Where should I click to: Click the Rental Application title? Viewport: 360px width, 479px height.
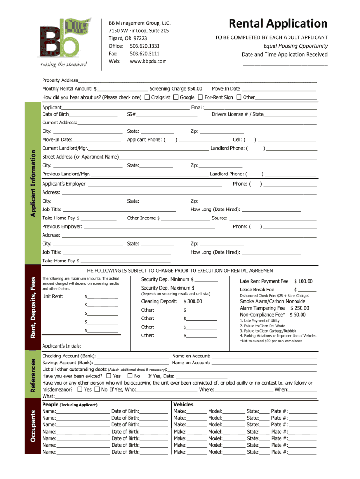click(x=278, y=23)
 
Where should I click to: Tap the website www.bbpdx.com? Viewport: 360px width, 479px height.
click(x=148, y=61)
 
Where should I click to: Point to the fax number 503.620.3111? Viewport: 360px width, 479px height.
click(x=144, y=54)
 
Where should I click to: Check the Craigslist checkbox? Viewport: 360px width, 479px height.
click(x=147, y=97)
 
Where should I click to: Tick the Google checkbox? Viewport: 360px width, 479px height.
click(x=176, y=97)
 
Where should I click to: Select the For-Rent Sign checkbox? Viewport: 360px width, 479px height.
click(x=200, y=97)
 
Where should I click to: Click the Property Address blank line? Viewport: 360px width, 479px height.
click(x=196, y=81)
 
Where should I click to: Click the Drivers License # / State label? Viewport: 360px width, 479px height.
click(x=238, y=114)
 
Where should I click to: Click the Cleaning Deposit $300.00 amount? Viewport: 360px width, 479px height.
click(x=192, y=302)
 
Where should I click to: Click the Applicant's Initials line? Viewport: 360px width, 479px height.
click(x=100, y=347)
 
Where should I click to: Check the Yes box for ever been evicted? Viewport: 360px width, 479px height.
click(x=108, y=376)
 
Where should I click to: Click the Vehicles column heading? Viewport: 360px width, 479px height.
click(x=183, y=404)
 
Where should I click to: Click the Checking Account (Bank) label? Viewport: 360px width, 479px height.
click(x=69, y=356)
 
